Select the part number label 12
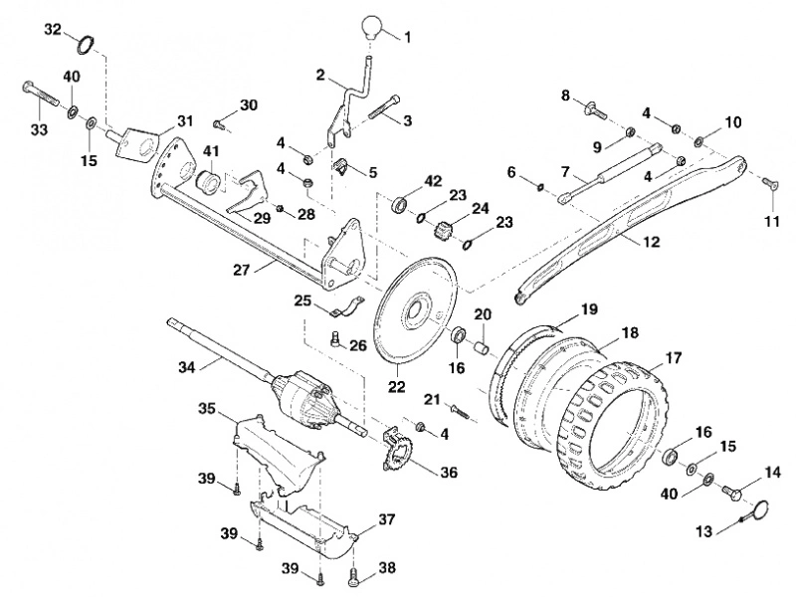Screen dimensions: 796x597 651,242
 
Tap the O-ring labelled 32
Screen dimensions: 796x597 86,45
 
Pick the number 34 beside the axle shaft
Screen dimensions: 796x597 187,367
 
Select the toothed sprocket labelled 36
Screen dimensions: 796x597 400,450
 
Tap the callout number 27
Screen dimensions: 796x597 242,270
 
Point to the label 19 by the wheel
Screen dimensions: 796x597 589,309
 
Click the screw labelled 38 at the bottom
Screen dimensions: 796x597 353,576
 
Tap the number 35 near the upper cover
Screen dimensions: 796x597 207,409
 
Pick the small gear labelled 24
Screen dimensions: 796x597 443,230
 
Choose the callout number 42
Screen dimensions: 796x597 433,182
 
